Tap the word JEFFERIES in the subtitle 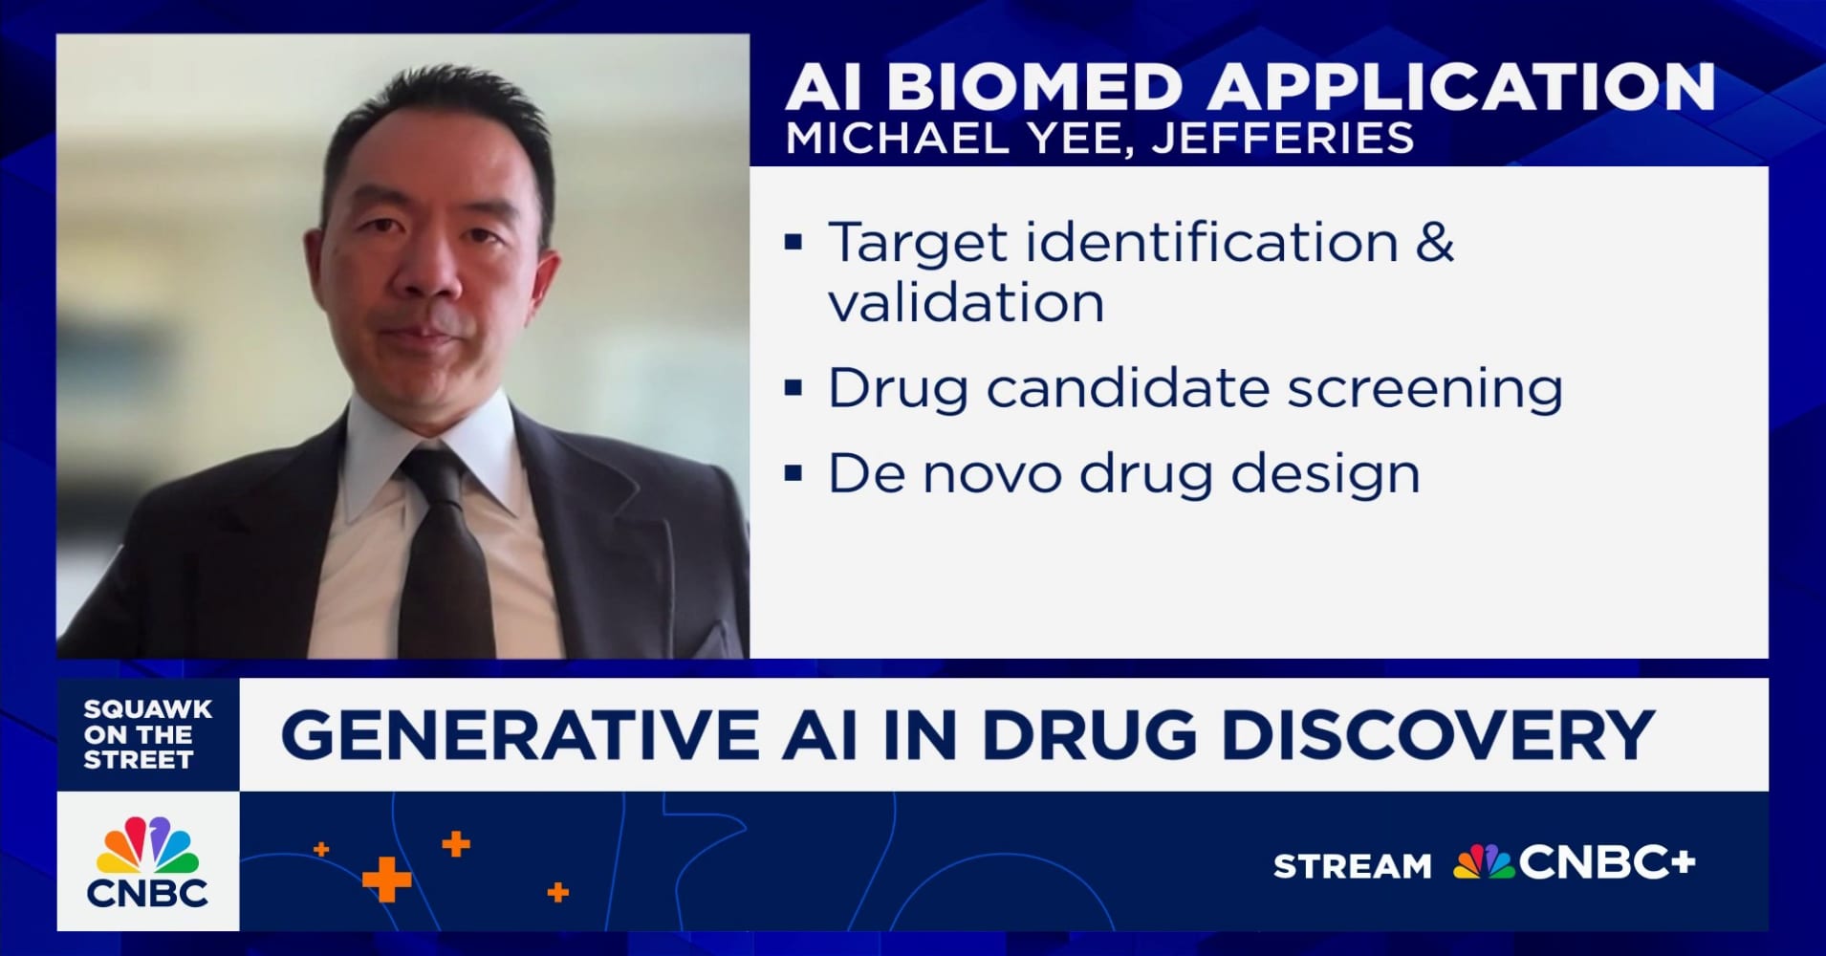1283,140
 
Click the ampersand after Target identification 1434,241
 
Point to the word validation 966,303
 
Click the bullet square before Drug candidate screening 793,389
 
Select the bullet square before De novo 793,473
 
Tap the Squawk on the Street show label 148,734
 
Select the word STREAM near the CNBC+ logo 1353,866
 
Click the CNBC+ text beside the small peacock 1606,863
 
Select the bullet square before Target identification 793,242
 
